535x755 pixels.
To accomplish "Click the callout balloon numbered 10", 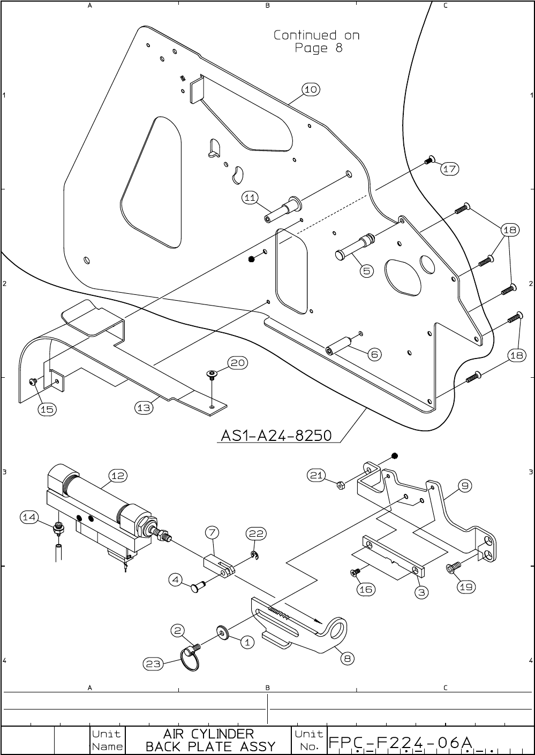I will tap(311, 89).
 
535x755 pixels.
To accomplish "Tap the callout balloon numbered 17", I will tap(450, 169).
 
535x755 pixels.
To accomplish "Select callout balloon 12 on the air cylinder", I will tap(118, 475).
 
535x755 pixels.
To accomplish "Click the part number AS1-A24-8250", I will tap(276, 436).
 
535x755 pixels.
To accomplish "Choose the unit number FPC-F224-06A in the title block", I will tap(401, 743).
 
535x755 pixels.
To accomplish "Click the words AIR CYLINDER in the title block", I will tap(209, 733).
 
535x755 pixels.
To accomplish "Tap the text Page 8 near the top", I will tap(318, 49).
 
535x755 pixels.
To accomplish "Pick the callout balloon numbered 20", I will tap(238, 363).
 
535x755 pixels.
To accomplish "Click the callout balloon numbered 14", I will tap(29, 517).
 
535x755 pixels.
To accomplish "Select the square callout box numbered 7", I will tap(213, 532).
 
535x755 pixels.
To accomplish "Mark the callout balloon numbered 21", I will tap(317, 474).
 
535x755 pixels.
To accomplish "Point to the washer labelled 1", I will tap(222, 633).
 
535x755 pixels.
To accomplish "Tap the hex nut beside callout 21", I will tap(340, 485).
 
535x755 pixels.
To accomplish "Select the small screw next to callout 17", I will tap(428, 159).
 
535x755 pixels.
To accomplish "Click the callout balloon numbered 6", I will tap(375, 354).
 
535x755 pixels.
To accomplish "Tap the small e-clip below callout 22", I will tap(256, 556).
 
